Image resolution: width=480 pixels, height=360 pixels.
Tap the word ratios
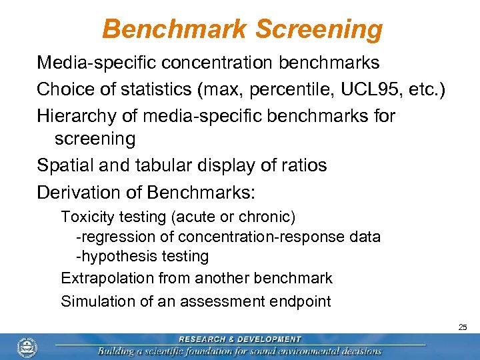pos(303,165)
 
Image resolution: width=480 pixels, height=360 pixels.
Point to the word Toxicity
pos(87,217)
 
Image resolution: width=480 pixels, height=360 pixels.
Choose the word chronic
pos(266,217)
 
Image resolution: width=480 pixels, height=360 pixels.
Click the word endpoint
pos(301,301)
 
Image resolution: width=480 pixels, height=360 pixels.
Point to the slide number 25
pos(463,327)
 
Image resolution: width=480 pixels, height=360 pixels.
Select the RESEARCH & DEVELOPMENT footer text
pos(239,339)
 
